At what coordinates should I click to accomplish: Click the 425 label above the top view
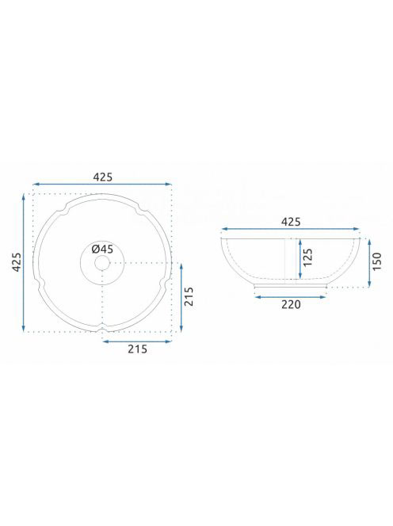(x=103, y=177)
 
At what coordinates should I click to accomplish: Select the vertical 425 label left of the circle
(x=17, y=262)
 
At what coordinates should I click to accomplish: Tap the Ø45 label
(x=102, y=250)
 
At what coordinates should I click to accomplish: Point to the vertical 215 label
(x=189, y=296)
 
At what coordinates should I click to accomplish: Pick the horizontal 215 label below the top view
(x=137, y=349)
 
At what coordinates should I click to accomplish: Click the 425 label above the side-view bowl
(x=291, y=222)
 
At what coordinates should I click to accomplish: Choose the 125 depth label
(x=307, y=257)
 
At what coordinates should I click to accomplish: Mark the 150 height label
(x=377, y=261)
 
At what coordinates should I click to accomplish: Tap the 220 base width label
(x=291, y=304)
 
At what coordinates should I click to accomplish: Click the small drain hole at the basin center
(x=102, y=263)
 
